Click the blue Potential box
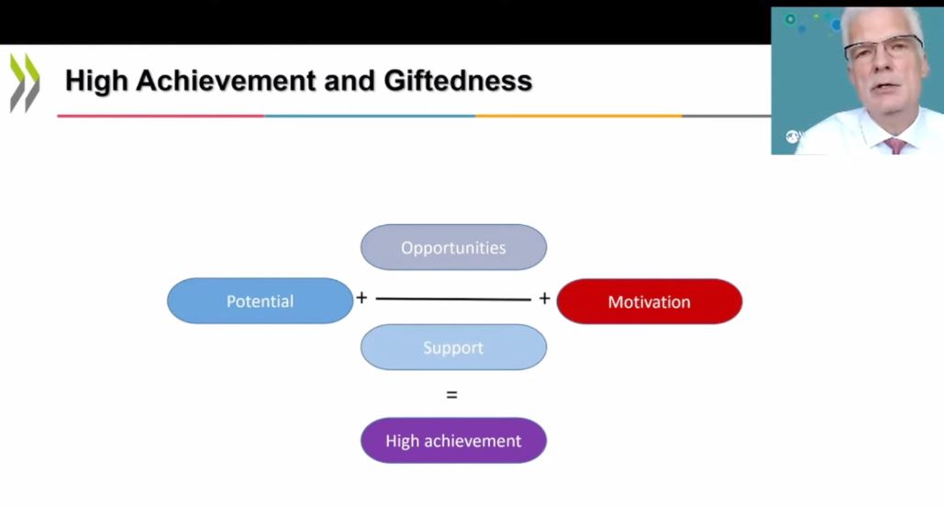point(261,301)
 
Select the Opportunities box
point(453,247)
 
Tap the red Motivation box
point(649,301)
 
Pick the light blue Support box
point(453,347)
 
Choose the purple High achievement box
point(453,441)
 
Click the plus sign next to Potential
point(361,298)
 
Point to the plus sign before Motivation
point(544,299)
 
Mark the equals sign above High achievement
point(451,395)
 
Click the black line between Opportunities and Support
point(453,299)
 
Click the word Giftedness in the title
point(458,81)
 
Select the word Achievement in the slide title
point(226,81)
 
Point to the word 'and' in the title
point(350,81)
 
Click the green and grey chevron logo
point(25,84)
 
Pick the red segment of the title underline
point(161,116)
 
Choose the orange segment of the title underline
point(579,116)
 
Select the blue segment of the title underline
point(370,116)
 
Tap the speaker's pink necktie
point(894,145)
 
